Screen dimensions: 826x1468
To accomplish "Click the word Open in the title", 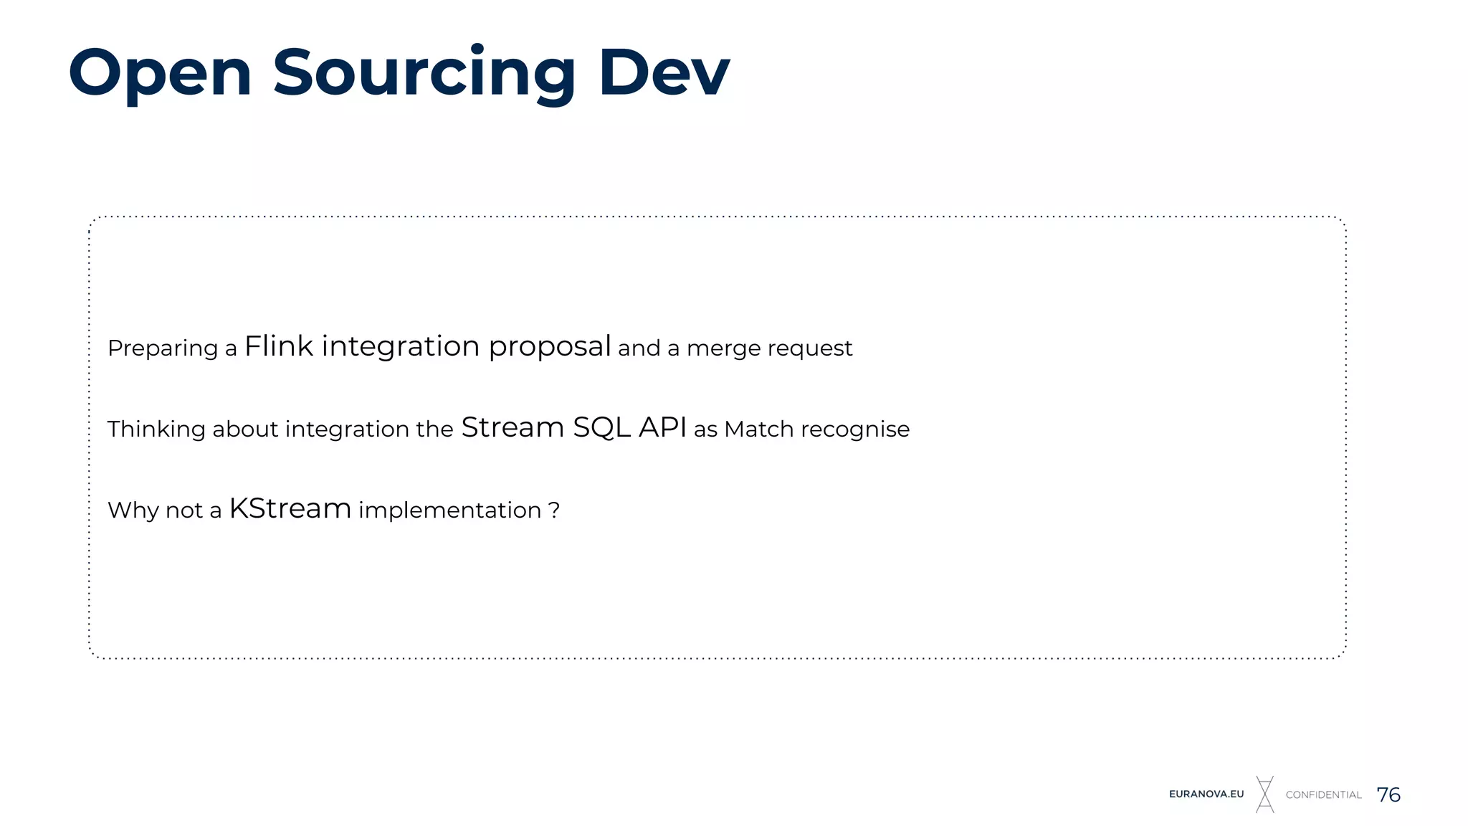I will coord(160,74).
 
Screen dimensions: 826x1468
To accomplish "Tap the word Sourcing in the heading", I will coord(424,74).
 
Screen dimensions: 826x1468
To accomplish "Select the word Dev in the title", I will coord(664,72).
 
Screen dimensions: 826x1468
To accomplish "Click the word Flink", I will coord(278,346).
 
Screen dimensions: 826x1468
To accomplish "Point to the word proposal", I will coord(549,348).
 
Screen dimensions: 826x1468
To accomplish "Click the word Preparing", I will coord(163,349).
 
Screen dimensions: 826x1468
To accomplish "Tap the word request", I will coord(810,349).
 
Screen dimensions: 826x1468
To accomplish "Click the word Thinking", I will coord(156,429).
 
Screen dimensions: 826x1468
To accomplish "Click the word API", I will coord(662,427).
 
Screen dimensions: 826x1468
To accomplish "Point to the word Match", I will coord(758,429).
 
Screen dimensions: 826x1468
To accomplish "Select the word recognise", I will coord(855,429).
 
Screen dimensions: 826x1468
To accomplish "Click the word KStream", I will coord(290,508).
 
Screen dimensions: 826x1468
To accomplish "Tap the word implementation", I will coord(449,511).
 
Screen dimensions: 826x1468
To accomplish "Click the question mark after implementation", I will coord(554,511).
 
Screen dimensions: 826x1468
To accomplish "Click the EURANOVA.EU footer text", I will coord(1206,794).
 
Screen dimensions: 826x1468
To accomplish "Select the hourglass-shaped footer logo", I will coord(1265,794).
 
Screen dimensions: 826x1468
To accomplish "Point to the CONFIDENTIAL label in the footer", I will coord(1323,794).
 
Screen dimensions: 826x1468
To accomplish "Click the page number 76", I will coord(1388,794).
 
